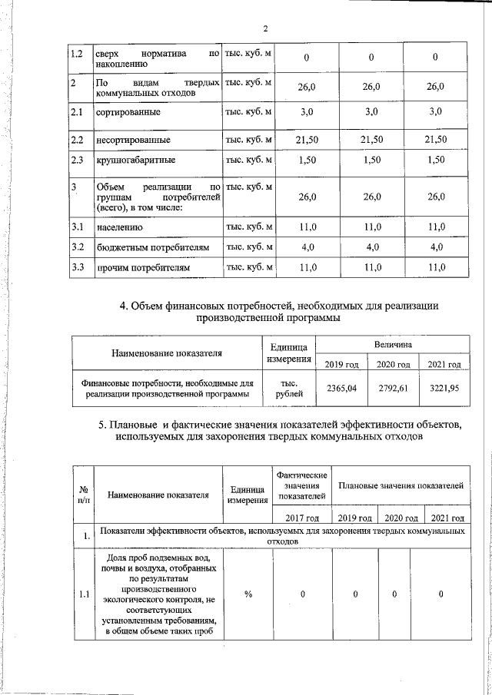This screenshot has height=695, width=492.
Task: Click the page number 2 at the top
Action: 264,29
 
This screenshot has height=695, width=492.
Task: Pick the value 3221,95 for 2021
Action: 444,389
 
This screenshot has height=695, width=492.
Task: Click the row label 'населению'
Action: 117,228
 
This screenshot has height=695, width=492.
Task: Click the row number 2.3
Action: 77,161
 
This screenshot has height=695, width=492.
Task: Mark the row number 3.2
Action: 77,247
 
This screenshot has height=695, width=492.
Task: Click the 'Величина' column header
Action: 393,346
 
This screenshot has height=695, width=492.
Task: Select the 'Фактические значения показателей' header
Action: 302,486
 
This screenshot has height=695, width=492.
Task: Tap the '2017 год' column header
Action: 302,518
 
